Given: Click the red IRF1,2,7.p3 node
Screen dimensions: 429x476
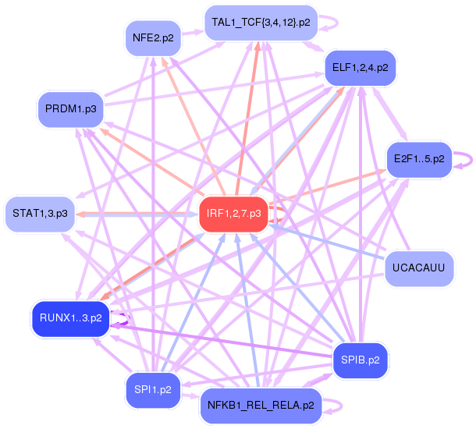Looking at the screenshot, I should pyautogui.click(x=234, y=213).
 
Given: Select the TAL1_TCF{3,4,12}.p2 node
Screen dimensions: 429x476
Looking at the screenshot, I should pyautogui.click(x=261, y=23).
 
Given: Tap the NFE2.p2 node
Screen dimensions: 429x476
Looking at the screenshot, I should pyautogui.click(x=153, y=37).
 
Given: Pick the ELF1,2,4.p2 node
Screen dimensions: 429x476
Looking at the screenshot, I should pyautogui.click(x=361, y=68).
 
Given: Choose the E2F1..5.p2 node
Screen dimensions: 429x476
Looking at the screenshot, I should pyautogui.click(x=419, y=159).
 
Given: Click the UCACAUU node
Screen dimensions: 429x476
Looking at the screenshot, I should pyautogui.click(x=419, y=269).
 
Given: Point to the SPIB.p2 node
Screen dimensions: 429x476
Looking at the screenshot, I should pyautogui.click(x=360, y=360).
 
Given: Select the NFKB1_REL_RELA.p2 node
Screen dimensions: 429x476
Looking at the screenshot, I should pyautogui.click(x=261, y=405).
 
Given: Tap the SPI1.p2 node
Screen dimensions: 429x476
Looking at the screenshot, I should pyautogui.click(x=153, y=388).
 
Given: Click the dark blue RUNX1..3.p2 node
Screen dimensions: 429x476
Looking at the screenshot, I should pyautogui.click(x=69, y=317).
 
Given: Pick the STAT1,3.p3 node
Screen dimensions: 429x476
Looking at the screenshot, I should pyautogui.click(x=40, y=213).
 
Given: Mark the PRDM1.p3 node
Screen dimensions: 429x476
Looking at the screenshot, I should pyautogui.click(x=70, y=109).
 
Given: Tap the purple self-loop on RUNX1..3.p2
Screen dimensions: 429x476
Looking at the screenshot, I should pyautogui.click(x=121, y=317).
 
